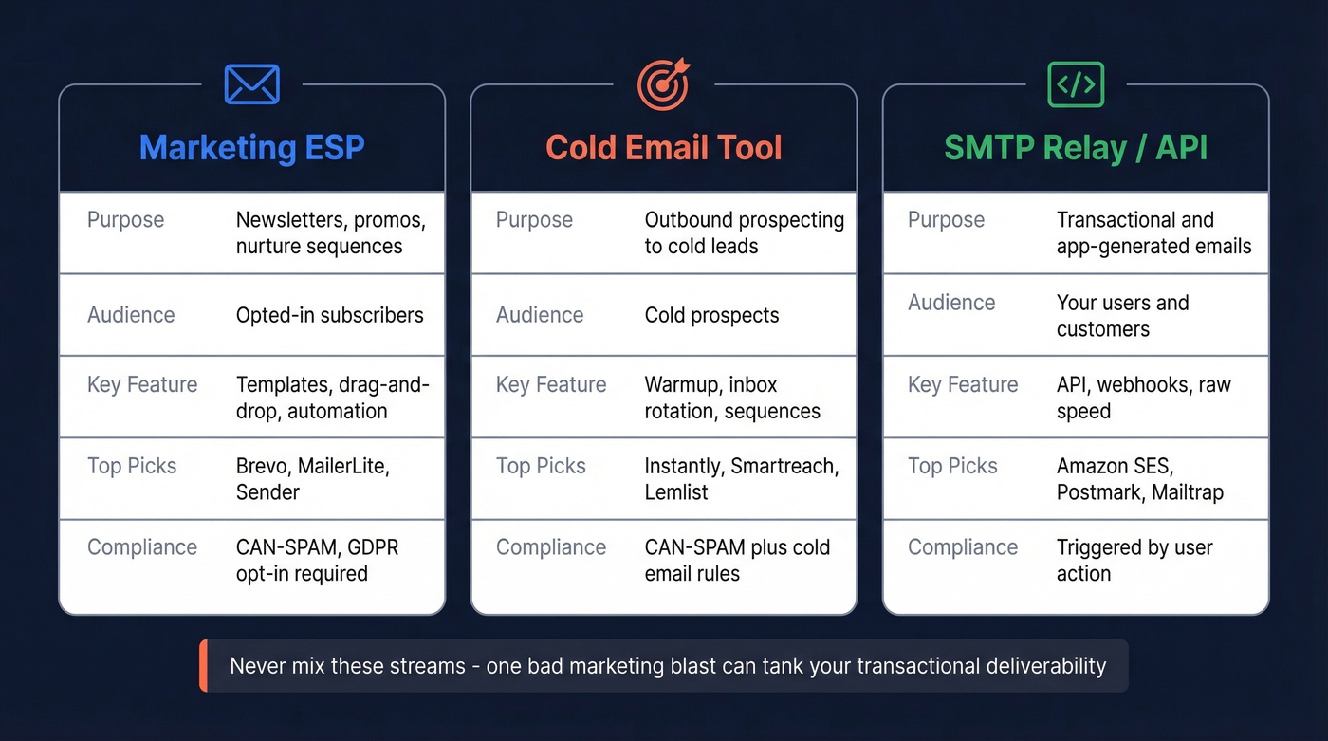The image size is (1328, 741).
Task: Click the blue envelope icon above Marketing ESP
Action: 252,84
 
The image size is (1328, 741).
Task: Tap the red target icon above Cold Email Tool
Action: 664,84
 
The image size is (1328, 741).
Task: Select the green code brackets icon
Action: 1076,84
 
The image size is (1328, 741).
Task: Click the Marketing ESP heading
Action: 252,148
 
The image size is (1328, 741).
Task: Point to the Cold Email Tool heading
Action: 664,148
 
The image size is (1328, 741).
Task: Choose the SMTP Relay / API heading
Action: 1076,148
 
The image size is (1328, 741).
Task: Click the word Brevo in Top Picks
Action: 263,466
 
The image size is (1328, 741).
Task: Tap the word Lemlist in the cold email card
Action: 676,492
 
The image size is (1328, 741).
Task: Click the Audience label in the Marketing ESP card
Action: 131,315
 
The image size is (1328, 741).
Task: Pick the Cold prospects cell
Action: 711,315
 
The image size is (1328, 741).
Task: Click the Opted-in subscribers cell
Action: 329,315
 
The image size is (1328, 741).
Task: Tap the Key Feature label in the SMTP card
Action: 963,384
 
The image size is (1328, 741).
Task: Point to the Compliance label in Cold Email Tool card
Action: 551,547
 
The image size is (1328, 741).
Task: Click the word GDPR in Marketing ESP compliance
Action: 372,547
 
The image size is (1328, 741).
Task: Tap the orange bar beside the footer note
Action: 203,665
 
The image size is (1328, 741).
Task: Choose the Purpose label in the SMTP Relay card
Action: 946,220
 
